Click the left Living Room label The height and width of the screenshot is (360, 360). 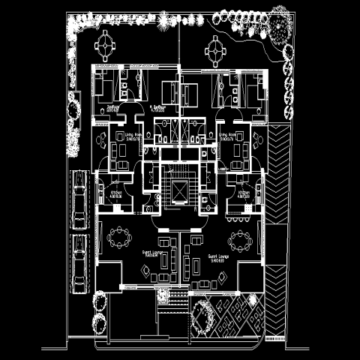[135, 138]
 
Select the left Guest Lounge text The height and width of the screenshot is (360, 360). [156, 253]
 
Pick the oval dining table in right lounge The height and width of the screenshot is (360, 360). [241, 241]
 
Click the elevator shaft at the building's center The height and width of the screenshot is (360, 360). [180, 189]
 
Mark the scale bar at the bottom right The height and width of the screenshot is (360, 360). [274, 338]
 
